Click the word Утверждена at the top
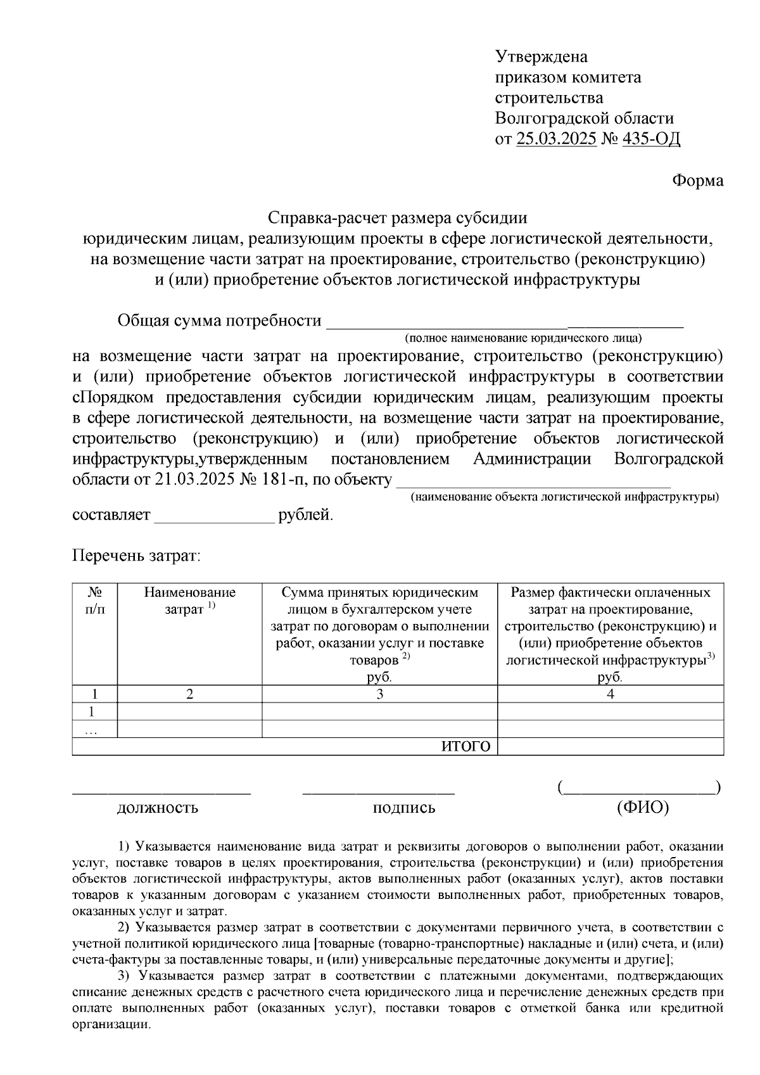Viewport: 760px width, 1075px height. coord(541,57)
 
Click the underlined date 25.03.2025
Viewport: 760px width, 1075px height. coord(556,139)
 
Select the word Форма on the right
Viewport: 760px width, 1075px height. coord(697,181)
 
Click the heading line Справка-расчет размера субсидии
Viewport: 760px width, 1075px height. coord(398,218)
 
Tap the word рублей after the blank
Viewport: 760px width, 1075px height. coord(306,514)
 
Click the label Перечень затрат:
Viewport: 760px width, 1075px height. coord(136,556)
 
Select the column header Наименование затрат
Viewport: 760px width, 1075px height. coord(190,601)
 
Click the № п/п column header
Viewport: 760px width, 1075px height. coord(95,601)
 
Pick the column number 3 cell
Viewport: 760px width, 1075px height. coord(379,694)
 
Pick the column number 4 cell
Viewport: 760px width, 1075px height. coord(610,694)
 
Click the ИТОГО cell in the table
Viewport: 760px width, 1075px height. coord(465,746)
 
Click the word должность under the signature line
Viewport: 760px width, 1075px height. coord(157,808)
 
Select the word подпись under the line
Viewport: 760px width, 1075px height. coord(404,808)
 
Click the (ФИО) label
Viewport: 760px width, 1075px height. coord(642,808)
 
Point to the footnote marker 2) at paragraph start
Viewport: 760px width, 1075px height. coord(124,928)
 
